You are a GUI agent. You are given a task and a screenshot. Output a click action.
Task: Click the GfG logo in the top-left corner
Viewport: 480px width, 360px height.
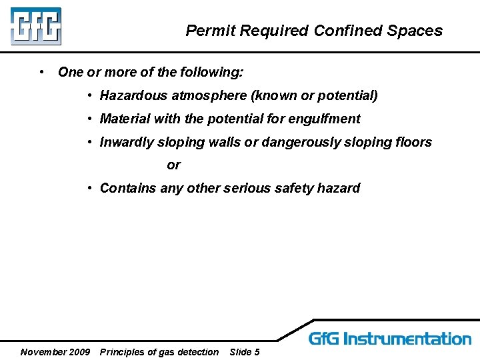(35, 25)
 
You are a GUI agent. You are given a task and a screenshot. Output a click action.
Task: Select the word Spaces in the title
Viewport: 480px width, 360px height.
(417, 31)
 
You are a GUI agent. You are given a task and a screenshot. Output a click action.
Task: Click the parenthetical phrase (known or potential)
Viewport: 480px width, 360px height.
(314, 95)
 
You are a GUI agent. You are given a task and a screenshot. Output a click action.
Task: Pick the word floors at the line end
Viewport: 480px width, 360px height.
(414, 142)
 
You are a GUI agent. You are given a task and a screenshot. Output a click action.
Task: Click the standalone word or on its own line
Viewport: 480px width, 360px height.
(173, 165)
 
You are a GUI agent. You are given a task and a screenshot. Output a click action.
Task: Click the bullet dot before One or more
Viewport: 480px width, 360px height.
(42, 71)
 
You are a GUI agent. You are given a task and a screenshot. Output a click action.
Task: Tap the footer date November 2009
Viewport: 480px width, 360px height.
(55, 352)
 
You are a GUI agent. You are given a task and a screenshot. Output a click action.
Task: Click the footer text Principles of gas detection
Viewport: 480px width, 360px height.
(159, 352)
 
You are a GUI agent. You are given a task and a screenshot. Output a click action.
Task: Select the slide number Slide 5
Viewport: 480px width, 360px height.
(244, 352)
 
